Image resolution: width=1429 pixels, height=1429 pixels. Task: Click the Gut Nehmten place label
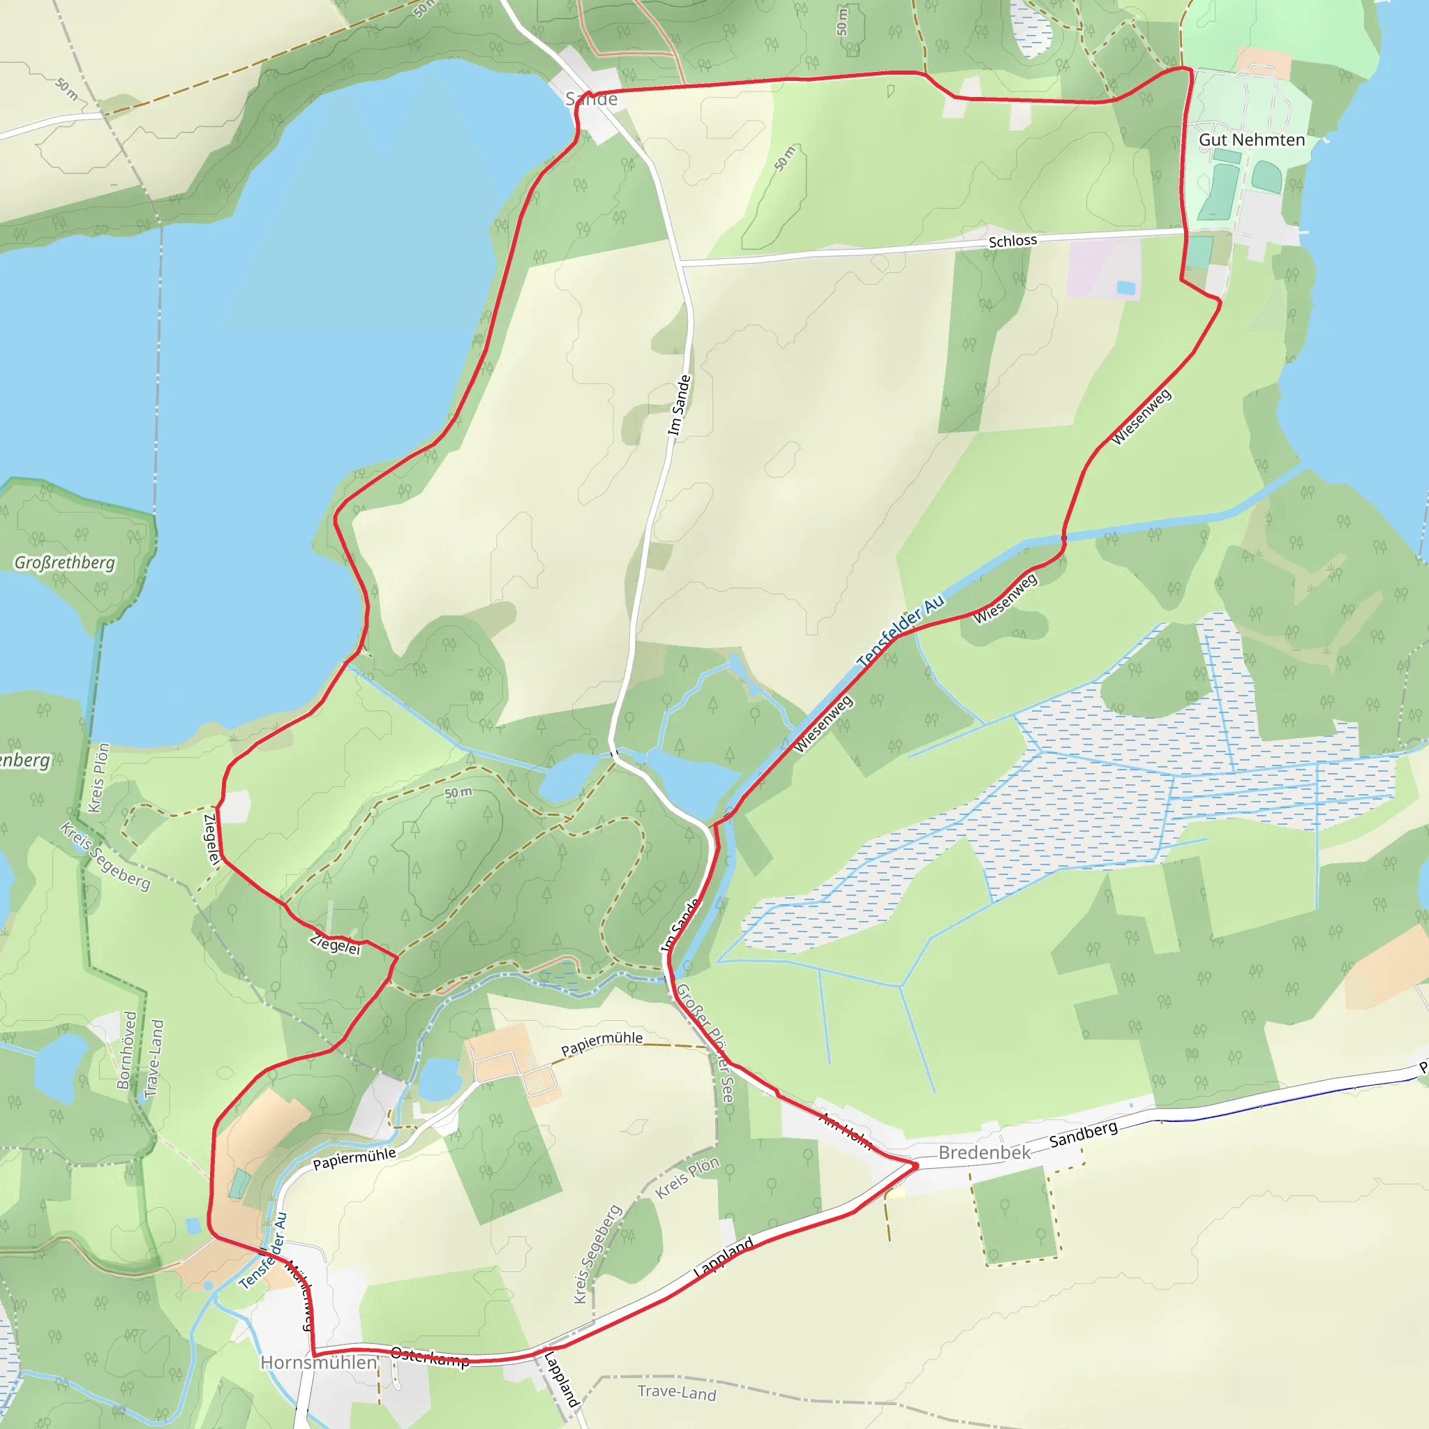[x=1252, y=140]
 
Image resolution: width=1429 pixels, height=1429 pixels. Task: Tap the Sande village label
[x=591, y=99]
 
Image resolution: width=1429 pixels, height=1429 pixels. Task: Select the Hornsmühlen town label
[x=319, y=1363]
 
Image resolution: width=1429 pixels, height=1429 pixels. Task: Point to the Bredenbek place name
[x=984, y=1153]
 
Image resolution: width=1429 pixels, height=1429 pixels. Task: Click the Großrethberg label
[x=65, y=563]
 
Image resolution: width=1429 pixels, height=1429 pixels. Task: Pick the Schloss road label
[x=1012, y=241]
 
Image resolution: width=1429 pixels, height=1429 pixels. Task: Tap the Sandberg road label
[x=1083, y=1135]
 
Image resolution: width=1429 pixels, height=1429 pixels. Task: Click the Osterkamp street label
[x=430, y=1357]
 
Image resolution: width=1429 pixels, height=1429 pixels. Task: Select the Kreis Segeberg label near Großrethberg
[x=105, y=855]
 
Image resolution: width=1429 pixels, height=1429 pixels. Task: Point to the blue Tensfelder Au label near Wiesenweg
[x=900, y=631]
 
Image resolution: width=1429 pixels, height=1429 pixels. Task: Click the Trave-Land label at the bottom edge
[x=677, y=1393]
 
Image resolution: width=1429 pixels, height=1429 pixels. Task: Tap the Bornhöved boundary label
[x=127, y=1050]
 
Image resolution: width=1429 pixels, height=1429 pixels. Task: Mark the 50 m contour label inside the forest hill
[x=458, y=793]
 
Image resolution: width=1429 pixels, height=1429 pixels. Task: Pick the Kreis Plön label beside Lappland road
[x=687, y=1178]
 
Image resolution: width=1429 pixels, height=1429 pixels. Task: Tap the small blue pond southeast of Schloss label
[x=1125, y=287]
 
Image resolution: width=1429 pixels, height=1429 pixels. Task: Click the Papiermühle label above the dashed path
[x=601, y=1044]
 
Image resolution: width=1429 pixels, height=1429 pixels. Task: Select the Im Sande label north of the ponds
[x=679, y=405]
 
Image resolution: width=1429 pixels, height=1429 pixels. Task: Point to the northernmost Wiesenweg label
[x=1142, y=417]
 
